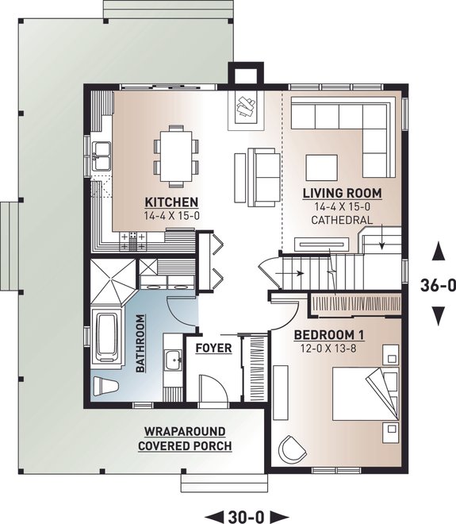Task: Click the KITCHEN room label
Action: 171,202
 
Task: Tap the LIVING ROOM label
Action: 343,193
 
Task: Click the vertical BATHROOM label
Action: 140,343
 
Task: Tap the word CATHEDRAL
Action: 343,219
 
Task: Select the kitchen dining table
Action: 176,152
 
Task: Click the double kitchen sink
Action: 102,156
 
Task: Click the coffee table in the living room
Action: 322,167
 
